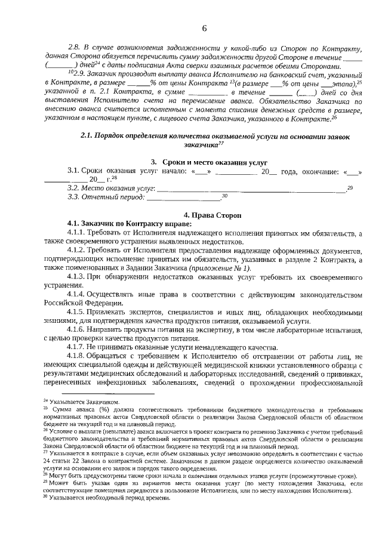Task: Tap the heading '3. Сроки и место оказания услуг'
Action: (x=208, y=162)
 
